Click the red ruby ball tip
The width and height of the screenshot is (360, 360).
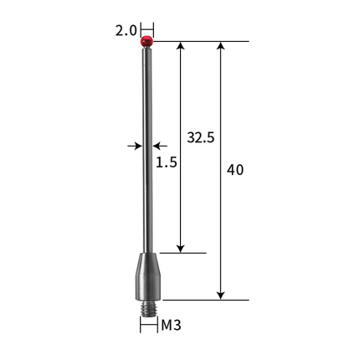147,41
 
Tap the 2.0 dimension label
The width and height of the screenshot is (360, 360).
126,30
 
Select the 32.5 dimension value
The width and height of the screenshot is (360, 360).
201,137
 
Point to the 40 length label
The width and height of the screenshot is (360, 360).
235,170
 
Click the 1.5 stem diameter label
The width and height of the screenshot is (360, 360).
167,162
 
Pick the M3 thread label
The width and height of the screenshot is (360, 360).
172,325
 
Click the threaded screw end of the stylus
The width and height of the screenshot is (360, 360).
148,309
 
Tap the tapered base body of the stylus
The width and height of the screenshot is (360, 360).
148,276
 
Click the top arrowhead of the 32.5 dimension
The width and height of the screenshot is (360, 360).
181,45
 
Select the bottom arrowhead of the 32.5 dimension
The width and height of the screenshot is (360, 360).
181,249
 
